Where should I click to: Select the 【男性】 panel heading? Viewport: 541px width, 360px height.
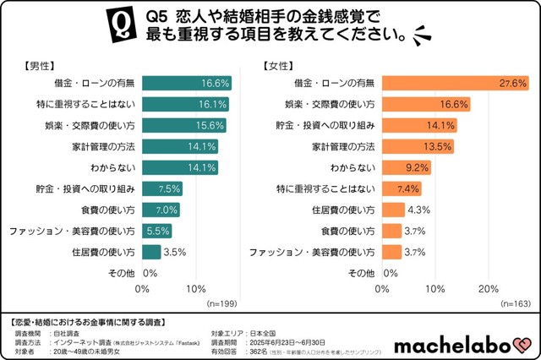point(39,65)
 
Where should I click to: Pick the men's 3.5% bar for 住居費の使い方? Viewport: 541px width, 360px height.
point(151,252)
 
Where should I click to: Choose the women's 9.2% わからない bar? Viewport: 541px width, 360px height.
point(407,167)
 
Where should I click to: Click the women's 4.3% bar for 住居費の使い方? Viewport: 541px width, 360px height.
point(393,210)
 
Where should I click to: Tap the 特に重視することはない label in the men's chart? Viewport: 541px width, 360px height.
point(85,104)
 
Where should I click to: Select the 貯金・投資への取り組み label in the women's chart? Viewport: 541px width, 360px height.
point(326,125)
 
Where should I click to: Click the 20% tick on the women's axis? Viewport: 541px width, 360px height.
point(488,289)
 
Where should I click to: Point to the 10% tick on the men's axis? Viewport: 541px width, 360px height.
point(196,289)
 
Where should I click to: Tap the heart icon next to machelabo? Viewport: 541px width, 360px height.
point(523,345)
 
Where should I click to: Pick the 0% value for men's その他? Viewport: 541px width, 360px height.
point(150,273)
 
